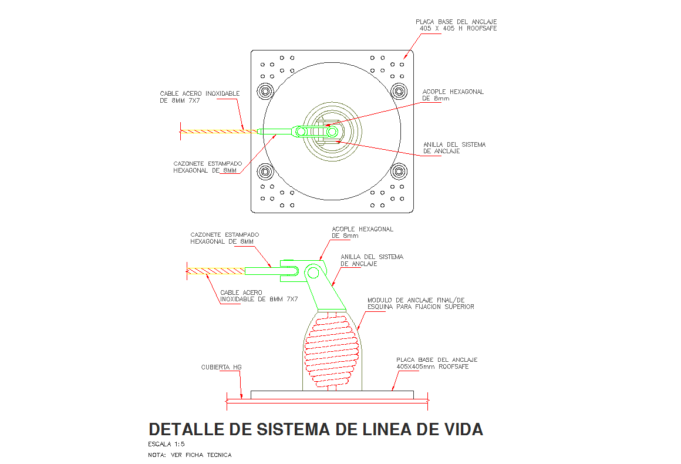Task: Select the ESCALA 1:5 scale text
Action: click(167, 444)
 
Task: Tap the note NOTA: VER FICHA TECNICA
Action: click(190, 455)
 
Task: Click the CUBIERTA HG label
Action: click(221, 367)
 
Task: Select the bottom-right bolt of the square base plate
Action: click(400, 172)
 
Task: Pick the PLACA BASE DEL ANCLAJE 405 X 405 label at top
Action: click(456, 25)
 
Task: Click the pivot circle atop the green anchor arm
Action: click(314, 273)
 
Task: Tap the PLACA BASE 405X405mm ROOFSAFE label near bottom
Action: click(437, 363)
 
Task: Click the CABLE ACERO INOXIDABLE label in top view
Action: click(200, 97)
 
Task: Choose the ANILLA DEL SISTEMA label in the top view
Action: click(454, 147)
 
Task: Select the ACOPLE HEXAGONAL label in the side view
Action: click(362, 232)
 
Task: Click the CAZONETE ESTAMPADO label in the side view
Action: click(224, 238)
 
